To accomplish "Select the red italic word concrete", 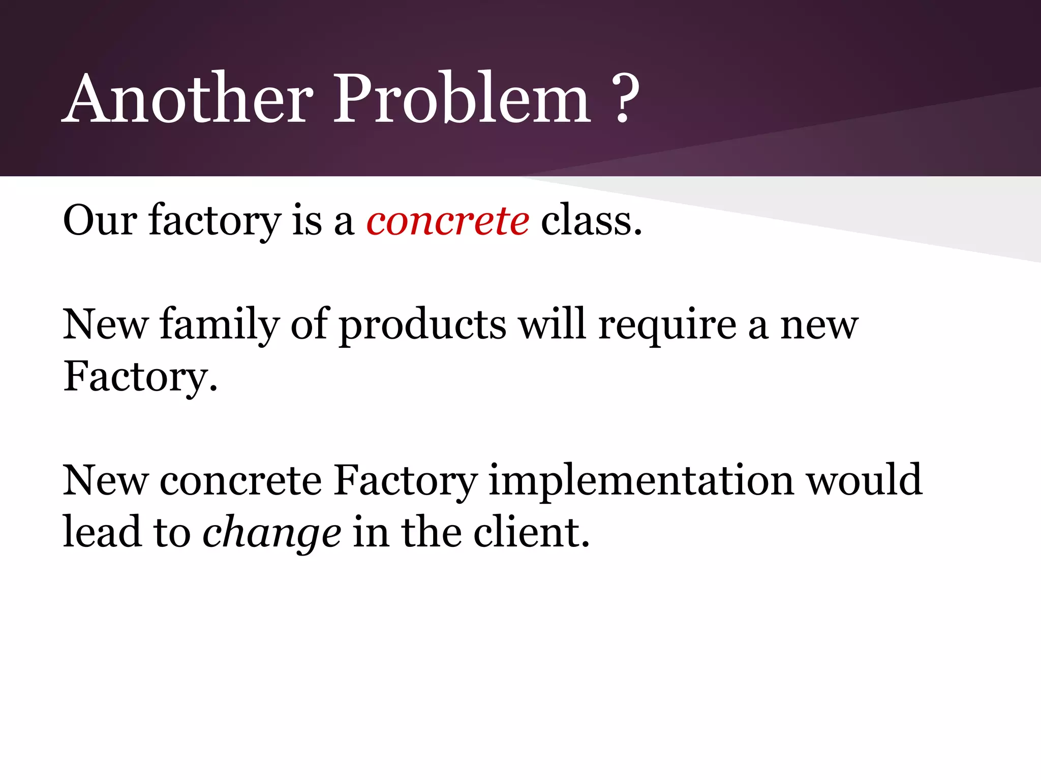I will click(447, 221).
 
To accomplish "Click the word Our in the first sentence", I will click(100, 221).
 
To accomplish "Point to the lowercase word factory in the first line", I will click(215, 222).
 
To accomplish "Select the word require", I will click(667, 326).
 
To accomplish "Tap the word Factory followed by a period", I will click(140, 378).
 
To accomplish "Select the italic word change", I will click(272, 533).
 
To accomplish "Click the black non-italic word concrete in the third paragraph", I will click(240, 481).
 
